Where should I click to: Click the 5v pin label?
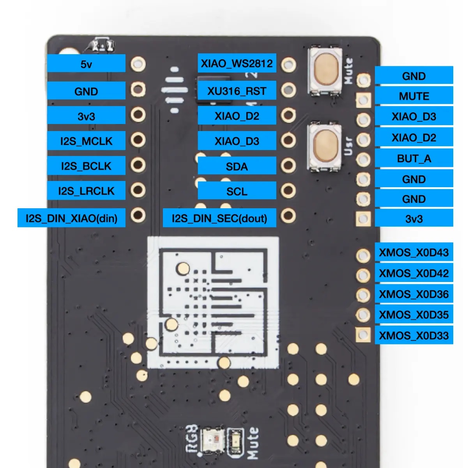pyautogui.click(x=86, y=64)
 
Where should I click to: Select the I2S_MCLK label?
pyautogui.click(x=86, y=141)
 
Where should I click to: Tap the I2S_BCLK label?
pyautogui.click(x=86, y=166)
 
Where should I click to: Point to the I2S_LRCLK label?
pyautogui.click(x=86, y=191)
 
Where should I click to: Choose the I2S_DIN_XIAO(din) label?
pyautogui.click(x=71, y=218)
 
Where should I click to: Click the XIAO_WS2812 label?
pyautogui.click(x=237, y=63)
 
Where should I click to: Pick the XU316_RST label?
pyautogui.click(x=237, y=91)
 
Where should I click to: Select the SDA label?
pyautogui.click(x=237, y=167)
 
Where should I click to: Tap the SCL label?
pyautogui.click(x=237, y=191)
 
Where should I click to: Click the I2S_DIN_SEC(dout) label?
pyautogui.click(x=219, y=218)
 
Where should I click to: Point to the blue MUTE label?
pyautogui.click(x=414, y=96)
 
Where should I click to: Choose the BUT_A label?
pyautogui.click(x=414, y=158)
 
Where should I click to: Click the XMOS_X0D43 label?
pyautogui.click(x=414, y=252)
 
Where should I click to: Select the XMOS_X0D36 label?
pyautogui.click(x=414, y=294)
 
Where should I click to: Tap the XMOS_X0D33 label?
pyautogui.click(x=414, y=335)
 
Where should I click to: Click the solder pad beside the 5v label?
pyautogui.click(x=138, y=64)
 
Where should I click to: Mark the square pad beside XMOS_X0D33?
pyautogui.click(x=363, y=335)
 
